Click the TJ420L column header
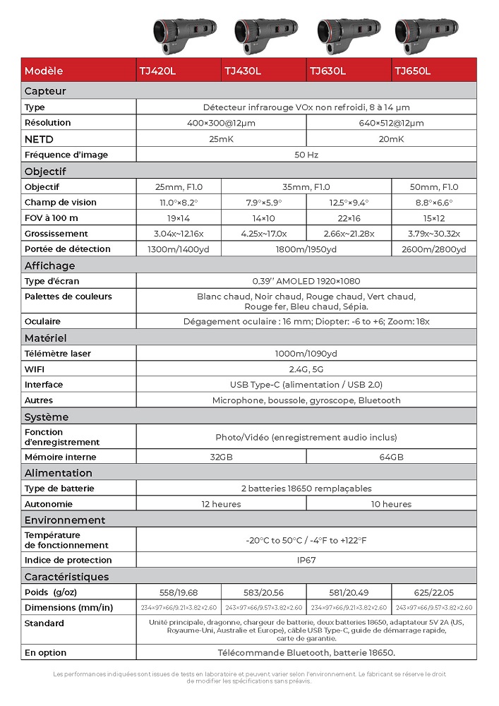pyautogui.click(x=156, y=71)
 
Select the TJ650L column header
pyautogui.click(x=413, y=71)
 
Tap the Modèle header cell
pyautogui.click(x=44, y=71)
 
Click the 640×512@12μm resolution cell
pyautogui.click(x=391, y=123)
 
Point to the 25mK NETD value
pyautogui.click(x=221, y=139)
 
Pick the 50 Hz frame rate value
pyautogui.click(x=306, y=155)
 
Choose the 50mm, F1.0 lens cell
pyautogui.click(x=433, y=187)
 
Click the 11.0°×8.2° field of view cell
pyautogui.click(x=179, y=203)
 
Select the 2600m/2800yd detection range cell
pyautogui.click(x=433, y=249)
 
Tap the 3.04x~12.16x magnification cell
pyautogui.click(x=179, y=234)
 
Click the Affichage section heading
pyautogui.click(x=49, y=265)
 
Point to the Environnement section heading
pyautogui.click(x=64, y=520)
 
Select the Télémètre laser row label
pyautogui.click(x=58, y=354)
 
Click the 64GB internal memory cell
pyautogui.click(x=391, y=457)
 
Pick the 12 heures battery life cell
pyautogui.click(x=221, y=504)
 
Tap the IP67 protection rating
pyautogui.click(x=306, y=560)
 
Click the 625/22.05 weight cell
pyautogui.click(x=433, y=592)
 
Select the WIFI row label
pyautogui.click(x=35, y=369)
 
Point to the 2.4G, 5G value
pyautogui.click(x=306, y=369)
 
